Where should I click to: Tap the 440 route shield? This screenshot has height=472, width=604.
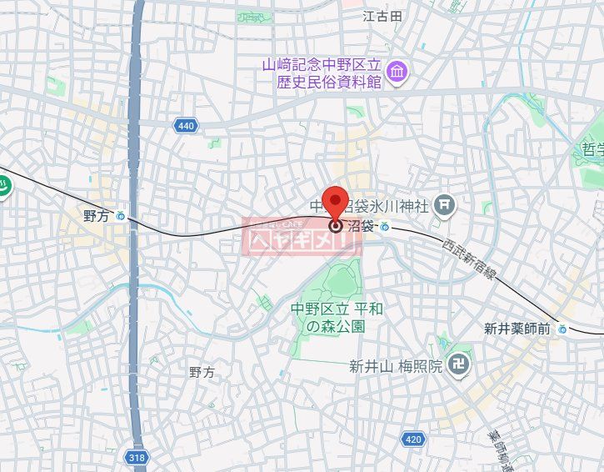pos(187,126)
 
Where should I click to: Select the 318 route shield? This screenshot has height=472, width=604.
pos(137,457)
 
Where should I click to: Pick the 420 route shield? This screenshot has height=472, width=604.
pos(413,439)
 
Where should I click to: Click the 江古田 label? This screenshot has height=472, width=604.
pos(382,16)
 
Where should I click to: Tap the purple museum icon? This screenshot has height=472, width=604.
pos(396,72)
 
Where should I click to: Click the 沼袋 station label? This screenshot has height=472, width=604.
pos(360,226)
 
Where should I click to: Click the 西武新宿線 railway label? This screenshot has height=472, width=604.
pos(469,261)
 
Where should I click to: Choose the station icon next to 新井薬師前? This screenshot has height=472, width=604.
pos(562,329)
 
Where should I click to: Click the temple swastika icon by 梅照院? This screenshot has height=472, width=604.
pos(457,364)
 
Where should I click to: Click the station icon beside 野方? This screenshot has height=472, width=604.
pos(121,216)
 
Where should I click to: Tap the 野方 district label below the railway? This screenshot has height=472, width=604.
pos(202,372)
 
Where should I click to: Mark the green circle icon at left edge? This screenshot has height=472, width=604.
pos(4,188)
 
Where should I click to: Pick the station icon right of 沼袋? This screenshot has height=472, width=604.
pos(385,226)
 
